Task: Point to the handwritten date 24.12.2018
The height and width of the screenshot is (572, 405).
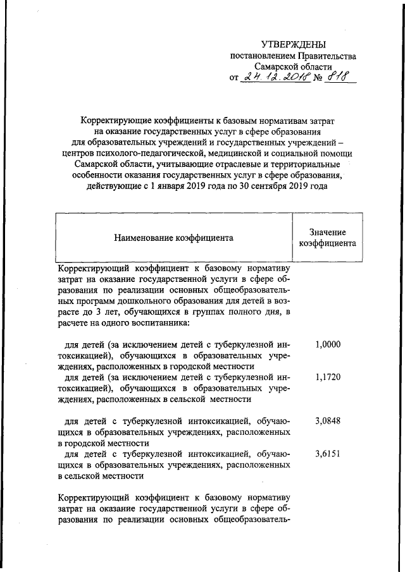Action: pyautogui.click(x=277, y=78)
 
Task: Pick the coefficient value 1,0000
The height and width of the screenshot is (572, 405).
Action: pyautogui.click(x=327, y=344)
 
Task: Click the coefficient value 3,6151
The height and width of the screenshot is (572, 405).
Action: pyautogui.click(x=327, y=453)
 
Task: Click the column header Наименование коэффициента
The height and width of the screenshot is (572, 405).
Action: pyautogui.click(x=173, y=238)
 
